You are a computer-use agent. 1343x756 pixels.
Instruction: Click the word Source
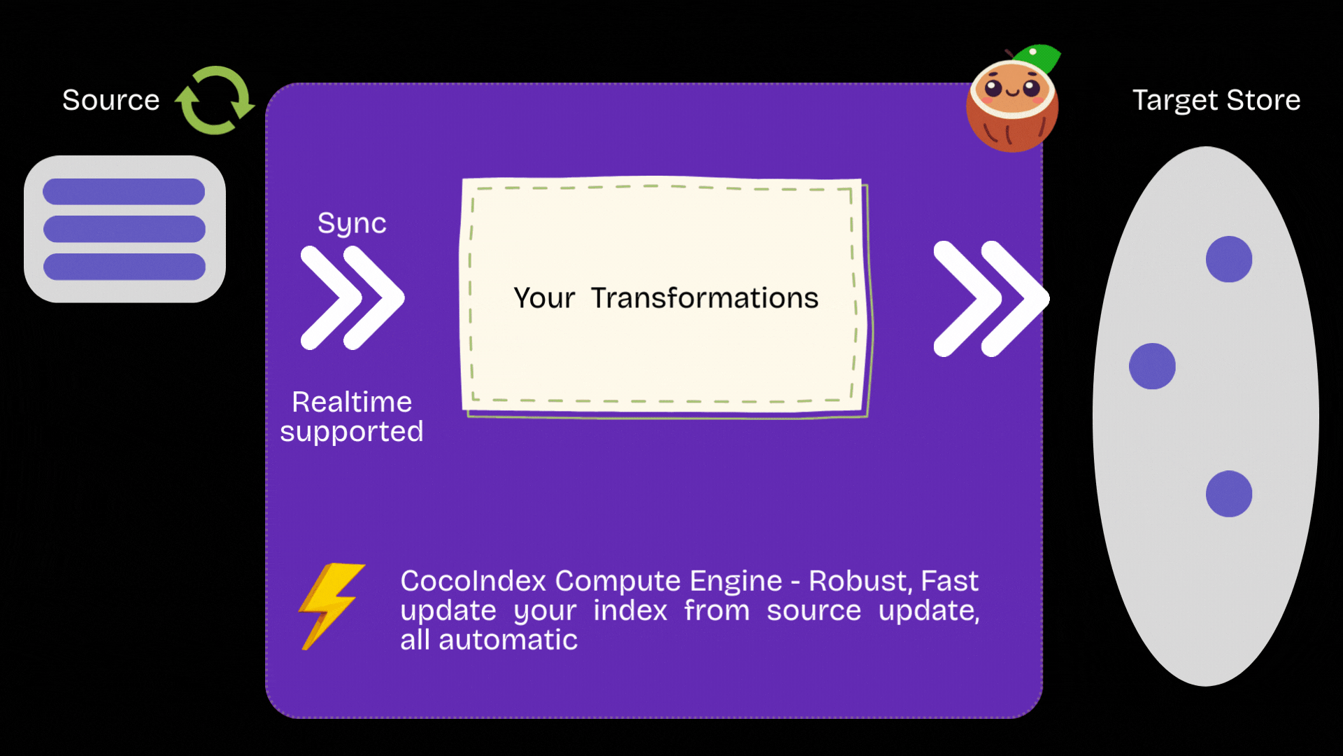point(111,100)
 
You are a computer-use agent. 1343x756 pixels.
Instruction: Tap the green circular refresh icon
point(215,100)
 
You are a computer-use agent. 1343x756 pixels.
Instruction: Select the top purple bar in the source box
point(124,191)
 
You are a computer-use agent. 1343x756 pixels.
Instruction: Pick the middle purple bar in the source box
point(124,229)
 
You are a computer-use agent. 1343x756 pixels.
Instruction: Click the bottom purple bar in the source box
point(124,267)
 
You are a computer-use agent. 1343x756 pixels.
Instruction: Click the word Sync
point(352,223)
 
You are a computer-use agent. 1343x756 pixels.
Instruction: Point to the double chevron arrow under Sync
point(352,297)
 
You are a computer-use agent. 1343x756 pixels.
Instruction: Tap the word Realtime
point(352,402)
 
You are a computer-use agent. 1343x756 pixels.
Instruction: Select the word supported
point(352,431)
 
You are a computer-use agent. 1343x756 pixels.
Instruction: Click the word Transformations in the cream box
point(704,298)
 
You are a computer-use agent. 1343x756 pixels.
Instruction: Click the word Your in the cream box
point(544,298)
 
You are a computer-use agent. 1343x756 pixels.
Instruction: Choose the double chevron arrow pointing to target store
point(990,299)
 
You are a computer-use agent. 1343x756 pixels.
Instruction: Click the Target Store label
point(1216,100)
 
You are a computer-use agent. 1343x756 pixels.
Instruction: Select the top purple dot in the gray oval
point(1229,259)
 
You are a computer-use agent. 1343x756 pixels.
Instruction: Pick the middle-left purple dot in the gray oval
point(1152,366)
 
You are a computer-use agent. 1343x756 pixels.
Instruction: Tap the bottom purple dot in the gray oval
point(1229,494)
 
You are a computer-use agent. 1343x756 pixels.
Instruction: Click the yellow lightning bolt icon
point(331,605)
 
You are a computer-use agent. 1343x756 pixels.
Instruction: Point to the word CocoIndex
point(473,581)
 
